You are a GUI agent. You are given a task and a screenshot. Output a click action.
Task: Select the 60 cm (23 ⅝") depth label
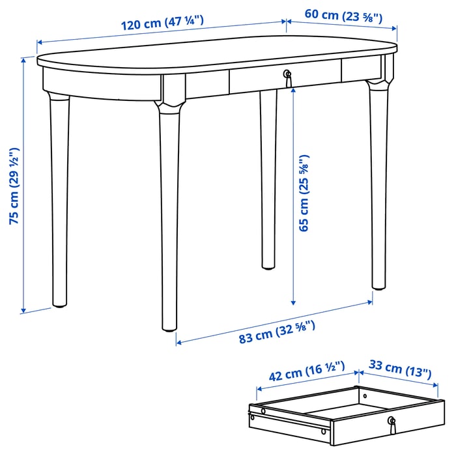343,16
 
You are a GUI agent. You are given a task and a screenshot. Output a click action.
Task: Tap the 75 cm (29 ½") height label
14,186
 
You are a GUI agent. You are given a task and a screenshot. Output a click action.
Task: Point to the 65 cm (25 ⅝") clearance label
304,193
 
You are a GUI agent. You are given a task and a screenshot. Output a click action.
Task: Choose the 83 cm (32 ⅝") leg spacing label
277,332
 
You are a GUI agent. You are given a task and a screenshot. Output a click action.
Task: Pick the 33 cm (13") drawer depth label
400,369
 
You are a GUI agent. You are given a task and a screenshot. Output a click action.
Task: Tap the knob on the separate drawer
392,425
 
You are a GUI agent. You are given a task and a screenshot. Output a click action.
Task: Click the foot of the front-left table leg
169,328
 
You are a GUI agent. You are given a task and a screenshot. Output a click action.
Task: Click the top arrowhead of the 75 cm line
24,60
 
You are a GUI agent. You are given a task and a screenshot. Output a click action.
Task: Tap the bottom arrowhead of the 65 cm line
293,303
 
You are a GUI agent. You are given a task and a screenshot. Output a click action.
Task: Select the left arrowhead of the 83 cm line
178,342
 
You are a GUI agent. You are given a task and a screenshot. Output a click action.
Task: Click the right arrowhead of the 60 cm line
395,28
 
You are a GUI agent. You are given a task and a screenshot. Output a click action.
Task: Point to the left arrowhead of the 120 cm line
40,42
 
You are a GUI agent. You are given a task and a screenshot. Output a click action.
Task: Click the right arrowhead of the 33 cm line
436,386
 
